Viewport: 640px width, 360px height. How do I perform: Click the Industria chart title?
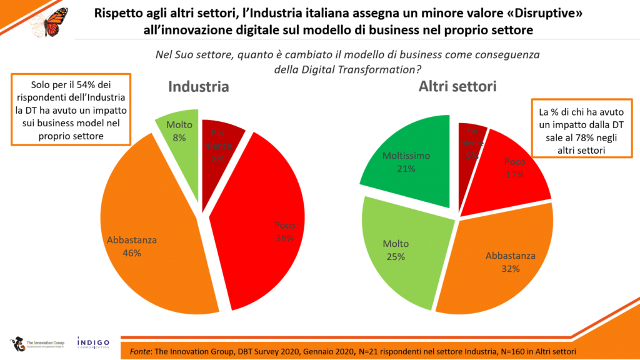tap(198, 87)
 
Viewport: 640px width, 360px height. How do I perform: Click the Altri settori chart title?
tap(457, 87)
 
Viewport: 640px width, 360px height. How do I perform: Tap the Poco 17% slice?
tap(512, 169)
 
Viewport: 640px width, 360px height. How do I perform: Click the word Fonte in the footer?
tap(141, 351)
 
